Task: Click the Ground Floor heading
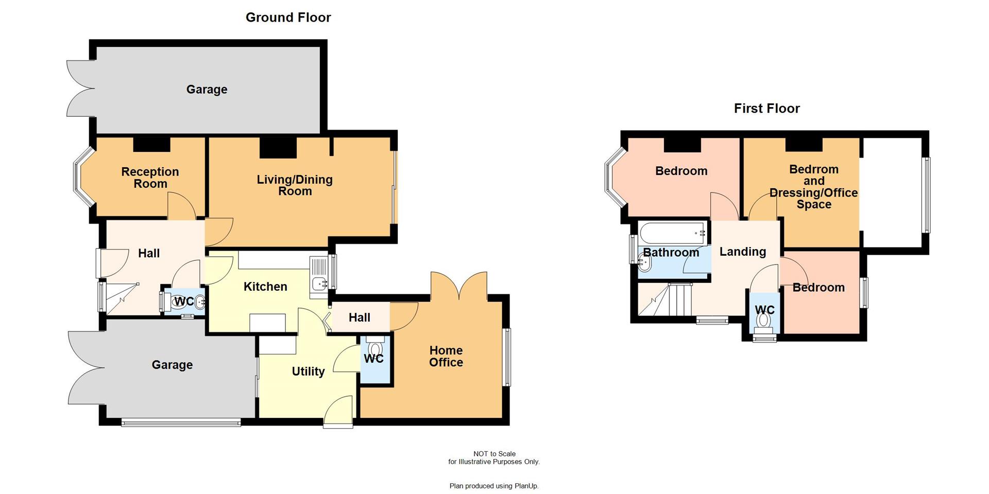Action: (x=288, y=17)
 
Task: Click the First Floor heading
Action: (x=766, y=109)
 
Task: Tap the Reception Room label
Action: (x=150, y=178)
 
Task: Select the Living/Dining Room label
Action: (x=295, y=185)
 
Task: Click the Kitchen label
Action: (x=265, y=287)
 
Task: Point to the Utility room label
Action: (x=308, y=372)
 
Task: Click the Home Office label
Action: (x=446, y=356)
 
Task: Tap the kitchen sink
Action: (x=319, y=283)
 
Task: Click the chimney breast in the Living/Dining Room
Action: (x=278, y=147)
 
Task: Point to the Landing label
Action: (x=742, y=252)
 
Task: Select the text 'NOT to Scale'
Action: (x=494, y=454)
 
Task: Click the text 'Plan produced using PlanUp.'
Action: (x=493, y=486)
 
